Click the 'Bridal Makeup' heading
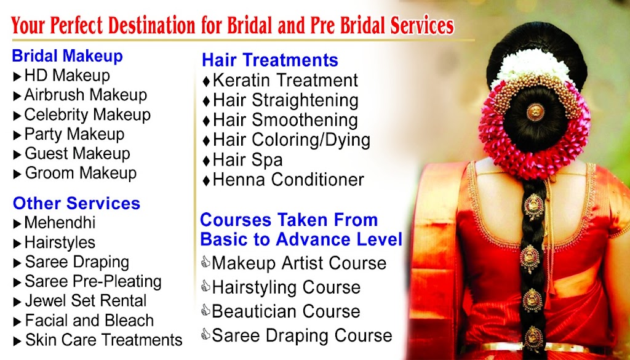tap(67, 56)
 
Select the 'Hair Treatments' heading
tap(269, 60)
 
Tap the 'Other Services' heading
tap(76, 203)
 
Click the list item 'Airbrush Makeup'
tap(86, 95)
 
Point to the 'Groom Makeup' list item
tap(81, 173)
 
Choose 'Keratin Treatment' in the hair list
tap(285, 80)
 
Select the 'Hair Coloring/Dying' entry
tap(292, 140)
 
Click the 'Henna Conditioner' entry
tap(289, 180)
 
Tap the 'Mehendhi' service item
tap(60, 223)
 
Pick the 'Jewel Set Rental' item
tap(86, 300)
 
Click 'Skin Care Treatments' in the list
tap(103, 340)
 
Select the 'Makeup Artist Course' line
tap(299, 263)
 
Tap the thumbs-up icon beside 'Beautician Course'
tap(205, 310)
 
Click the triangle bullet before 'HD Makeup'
tap(17, 76)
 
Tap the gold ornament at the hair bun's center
tap(535, 112)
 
